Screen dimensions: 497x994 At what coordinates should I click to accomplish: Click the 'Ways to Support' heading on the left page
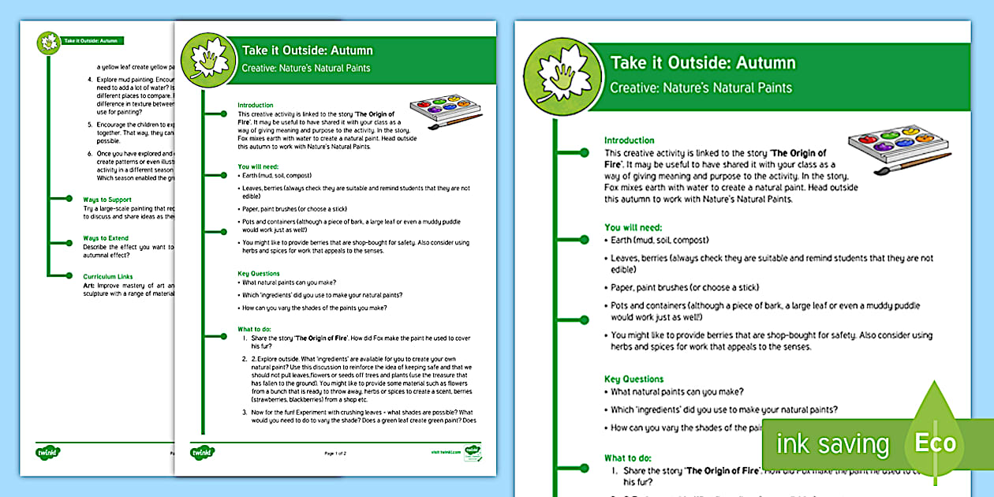(x=107, y=200)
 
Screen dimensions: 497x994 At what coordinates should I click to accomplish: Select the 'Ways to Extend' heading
(x=106, y=237)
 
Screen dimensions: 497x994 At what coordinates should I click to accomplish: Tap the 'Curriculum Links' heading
(x=108, y=276)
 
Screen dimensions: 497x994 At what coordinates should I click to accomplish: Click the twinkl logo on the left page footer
(x=48, y=452)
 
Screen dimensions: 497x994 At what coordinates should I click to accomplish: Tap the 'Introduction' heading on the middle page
(x=256, y=105)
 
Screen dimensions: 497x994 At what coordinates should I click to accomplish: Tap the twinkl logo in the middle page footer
(x=203, y=453)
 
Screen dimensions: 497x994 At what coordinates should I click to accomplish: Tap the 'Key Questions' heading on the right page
(x=634, y=379)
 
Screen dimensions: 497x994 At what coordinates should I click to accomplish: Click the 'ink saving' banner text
(x=832, y=444)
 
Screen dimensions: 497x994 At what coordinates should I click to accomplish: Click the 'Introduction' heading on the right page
(x=630, y=140)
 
